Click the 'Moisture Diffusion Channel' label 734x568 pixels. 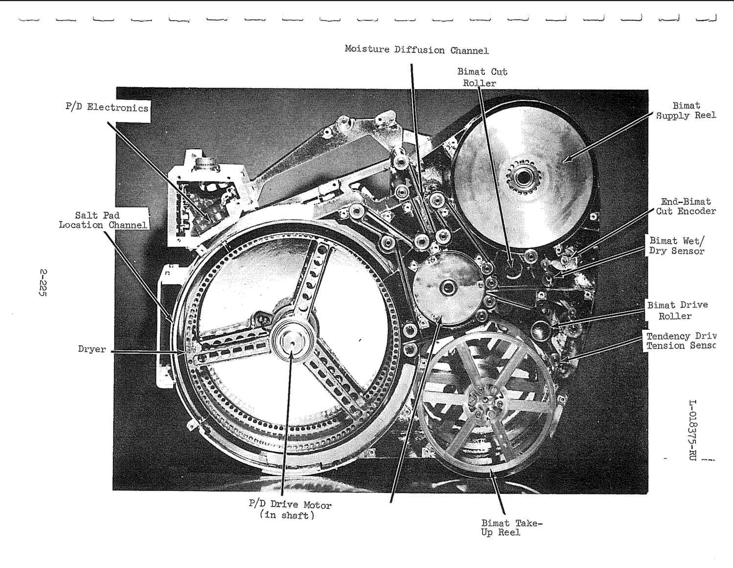[416, 49]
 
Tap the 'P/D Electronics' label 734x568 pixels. [107, 108]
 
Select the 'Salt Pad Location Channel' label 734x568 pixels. [103, 220]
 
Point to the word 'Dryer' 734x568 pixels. [92, 349]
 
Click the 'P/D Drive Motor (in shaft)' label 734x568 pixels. [290, 510]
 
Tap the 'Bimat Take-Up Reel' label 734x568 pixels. [511, 528]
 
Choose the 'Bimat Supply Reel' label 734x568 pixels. [685, 111]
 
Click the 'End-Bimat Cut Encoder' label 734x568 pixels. [685, 206]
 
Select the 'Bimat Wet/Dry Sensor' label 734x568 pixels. [677, 246]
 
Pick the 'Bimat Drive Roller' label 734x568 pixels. [677, 310]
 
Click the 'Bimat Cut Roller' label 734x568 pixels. [482, 77]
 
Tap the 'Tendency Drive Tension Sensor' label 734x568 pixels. [681, 341]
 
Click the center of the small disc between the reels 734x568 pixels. [446, 288]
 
